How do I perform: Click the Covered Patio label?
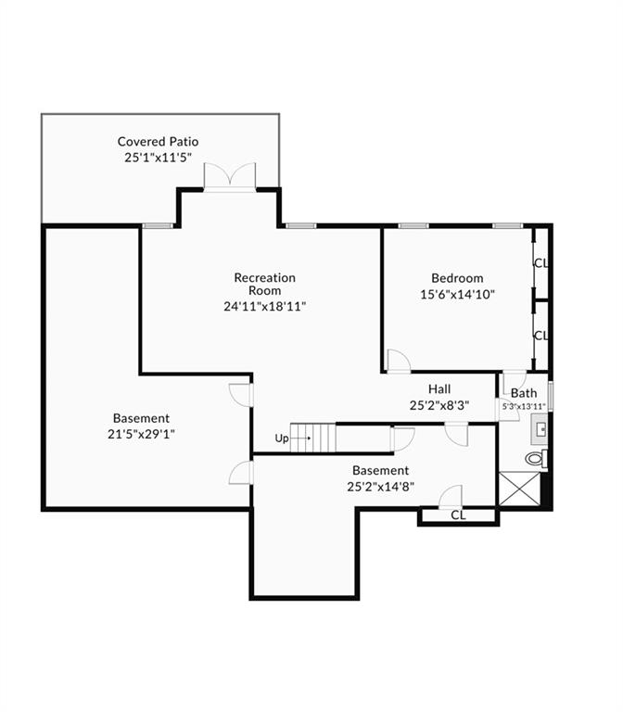158,142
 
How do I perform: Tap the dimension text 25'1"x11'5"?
158,158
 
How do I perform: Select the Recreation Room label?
265,284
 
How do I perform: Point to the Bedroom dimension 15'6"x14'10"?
457,294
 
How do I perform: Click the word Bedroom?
457,278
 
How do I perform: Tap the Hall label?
439,389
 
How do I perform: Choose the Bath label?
524,393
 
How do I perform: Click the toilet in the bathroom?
537,458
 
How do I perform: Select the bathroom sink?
540,429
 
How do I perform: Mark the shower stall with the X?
520,489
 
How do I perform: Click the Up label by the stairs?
282,439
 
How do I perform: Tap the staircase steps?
312,438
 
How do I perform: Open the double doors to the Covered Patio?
230,177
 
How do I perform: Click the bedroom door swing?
399,362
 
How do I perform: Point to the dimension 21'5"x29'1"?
141,435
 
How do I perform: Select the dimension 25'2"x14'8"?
380,487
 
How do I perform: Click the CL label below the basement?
458,515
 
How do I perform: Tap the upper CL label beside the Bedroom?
541,263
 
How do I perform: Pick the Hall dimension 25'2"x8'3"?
439,405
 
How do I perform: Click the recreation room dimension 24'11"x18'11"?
265,307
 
